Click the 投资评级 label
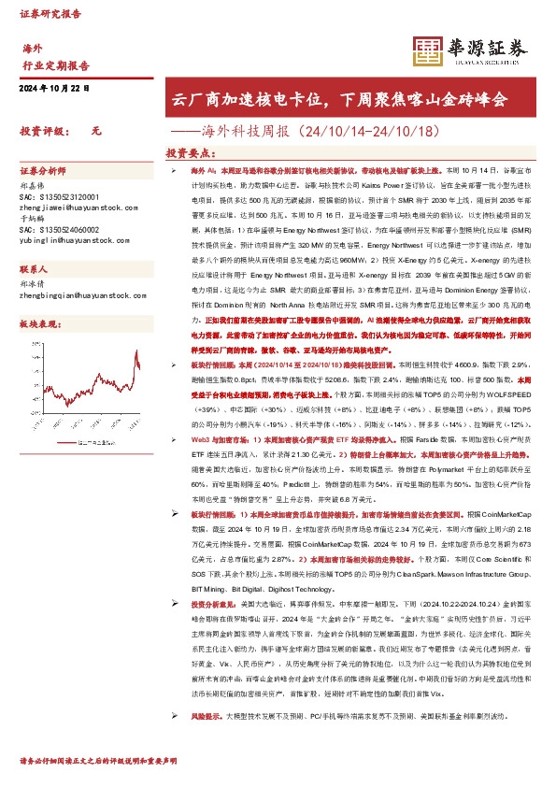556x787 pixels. [40, 133]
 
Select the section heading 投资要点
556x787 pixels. [192, 152]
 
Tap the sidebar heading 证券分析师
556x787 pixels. [43, 173]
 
